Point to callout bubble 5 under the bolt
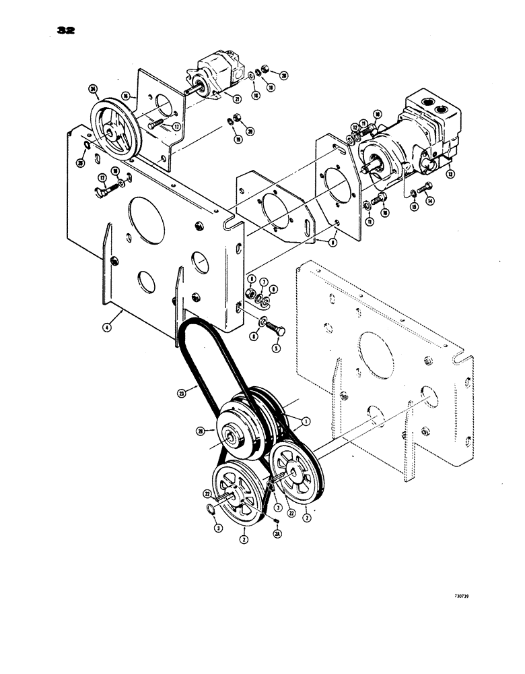[x=275, y=348]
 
